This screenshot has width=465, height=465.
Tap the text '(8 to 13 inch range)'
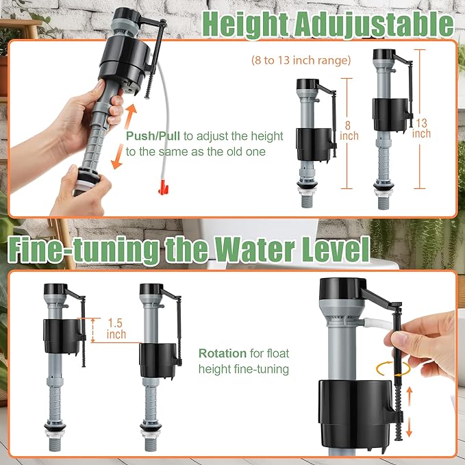click(301, 60)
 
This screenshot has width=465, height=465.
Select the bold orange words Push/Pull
click(149, 135)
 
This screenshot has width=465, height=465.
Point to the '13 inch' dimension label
click(421, 128)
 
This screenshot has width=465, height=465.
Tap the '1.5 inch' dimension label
click(116, 328)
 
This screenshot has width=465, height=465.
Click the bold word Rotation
click(222, 353)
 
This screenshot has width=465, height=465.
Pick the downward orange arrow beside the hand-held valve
click(118, 156)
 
